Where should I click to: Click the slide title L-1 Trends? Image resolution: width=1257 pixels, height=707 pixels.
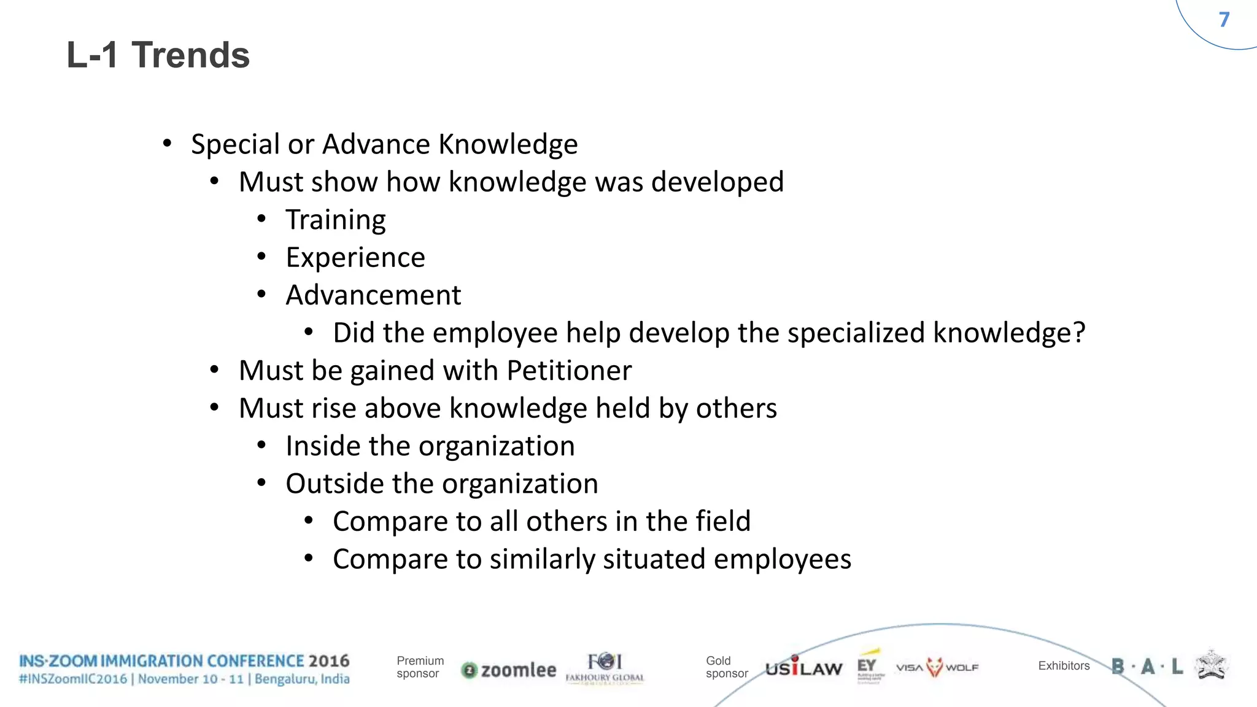click(x=158, y=55)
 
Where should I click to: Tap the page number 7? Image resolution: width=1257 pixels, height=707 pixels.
click(x=1224, y=20)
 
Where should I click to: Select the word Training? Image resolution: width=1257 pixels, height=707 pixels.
click(x=336, y=220)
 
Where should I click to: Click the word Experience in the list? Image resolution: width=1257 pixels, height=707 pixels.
click(x=355, y=258)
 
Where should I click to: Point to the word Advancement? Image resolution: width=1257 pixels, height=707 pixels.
click(x=373, y=295)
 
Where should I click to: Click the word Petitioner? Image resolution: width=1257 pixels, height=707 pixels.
click(x=569, y=371)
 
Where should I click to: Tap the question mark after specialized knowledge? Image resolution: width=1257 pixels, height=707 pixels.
click(x=1078, y=333)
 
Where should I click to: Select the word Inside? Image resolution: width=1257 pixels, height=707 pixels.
click(x=322, y=446)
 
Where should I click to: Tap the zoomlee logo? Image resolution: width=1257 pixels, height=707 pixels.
click(x=509, y=670)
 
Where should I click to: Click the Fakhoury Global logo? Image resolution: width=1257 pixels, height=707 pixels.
click(x=605, y=668)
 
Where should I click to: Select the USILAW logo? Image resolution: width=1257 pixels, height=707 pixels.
click(x=803, y=668)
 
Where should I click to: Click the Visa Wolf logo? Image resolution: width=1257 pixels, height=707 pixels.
click(x=937, y=667)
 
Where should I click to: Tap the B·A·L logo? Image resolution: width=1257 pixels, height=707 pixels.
click(x=1147, y=666)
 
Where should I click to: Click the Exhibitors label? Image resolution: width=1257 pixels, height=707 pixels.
click(x=1064, y=666)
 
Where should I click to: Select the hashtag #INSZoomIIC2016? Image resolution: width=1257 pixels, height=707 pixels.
click(x=73, y=679)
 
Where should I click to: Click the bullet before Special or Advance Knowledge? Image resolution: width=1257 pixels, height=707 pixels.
click(x=167, y=144)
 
